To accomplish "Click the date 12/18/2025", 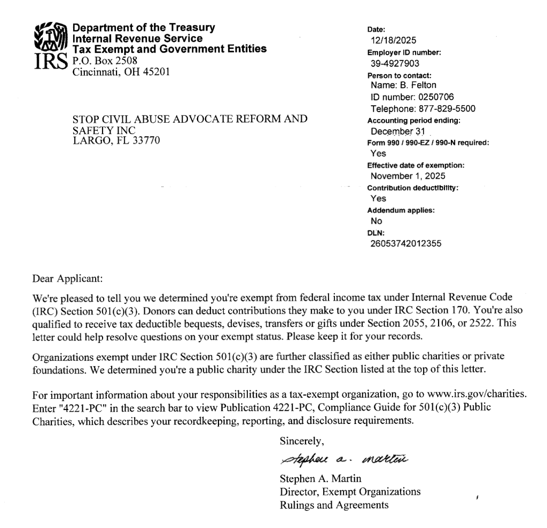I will coord(394,40).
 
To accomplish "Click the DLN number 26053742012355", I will coord(405,244).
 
